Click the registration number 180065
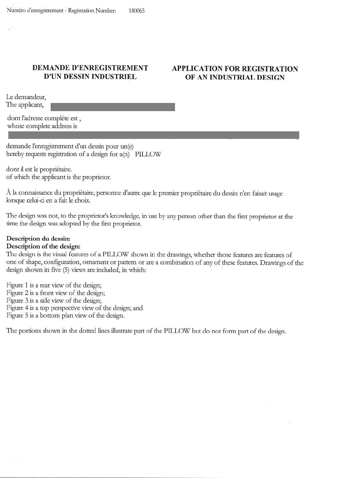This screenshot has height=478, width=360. (137, 11)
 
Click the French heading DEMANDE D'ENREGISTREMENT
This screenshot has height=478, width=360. (90, 68)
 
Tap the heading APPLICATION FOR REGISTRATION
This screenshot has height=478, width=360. (235, 69)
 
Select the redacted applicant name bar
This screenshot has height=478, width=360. (113, 107)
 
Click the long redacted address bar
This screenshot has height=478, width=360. (153, 135)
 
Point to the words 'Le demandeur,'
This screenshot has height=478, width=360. (26, 97)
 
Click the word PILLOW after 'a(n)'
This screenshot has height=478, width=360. (148, 154)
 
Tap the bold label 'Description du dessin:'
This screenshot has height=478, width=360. (38, 239)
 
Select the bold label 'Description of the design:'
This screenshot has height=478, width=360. (43, 246)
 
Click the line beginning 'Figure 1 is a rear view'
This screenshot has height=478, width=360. (54, 285)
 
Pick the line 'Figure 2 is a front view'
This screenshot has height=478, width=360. (56, 293)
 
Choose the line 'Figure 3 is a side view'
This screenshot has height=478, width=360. (54, 300)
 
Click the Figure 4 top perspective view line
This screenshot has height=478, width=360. (74, 308)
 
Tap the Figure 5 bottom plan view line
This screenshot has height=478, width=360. (65, 316)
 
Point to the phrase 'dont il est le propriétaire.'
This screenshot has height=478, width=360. (39, 169)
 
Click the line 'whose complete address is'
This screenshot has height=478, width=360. (42, 126)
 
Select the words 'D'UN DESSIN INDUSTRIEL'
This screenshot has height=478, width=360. (90, 77)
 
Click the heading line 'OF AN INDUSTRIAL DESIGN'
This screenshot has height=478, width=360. (235, 77)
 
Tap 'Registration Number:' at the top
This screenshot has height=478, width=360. (92, 11)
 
